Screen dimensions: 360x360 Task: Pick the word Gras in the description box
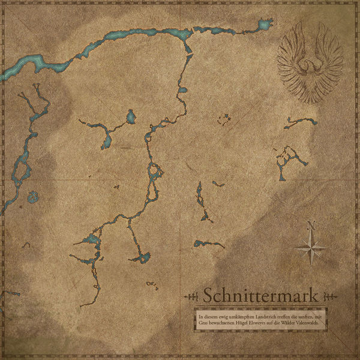[x=203, y=323]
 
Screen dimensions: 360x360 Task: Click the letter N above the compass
[x=310, y=226]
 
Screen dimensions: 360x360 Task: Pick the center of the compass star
[x=310, y=248]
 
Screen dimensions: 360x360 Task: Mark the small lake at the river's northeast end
[x=263, y=25]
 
